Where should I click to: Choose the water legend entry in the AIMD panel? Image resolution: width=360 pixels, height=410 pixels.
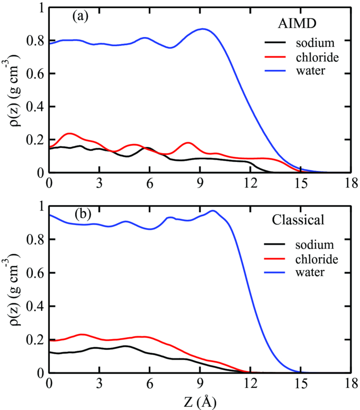point(311,71)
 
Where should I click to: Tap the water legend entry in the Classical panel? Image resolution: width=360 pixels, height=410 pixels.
point(311,272)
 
